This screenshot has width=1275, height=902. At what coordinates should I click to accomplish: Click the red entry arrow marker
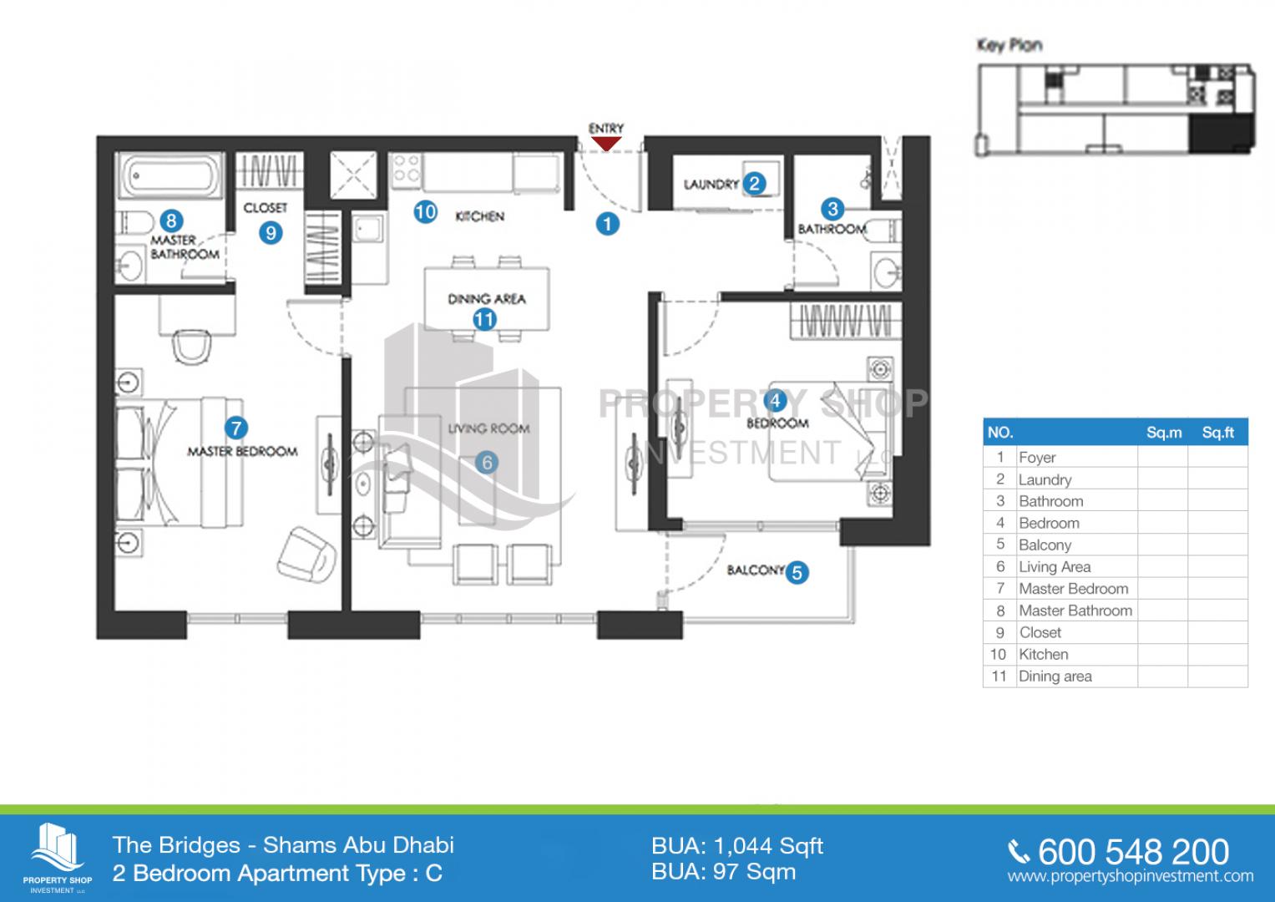pyautogui.click(x=605, y=144)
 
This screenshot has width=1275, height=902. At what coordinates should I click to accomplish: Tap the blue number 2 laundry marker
pyautogui.click(x=754, y=184)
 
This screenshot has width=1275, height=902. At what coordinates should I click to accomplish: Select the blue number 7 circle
pyautogui.click(x=235, y=428)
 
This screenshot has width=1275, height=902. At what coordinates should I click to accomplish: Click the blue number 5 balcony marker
pyautogui.click(x=797, y=572)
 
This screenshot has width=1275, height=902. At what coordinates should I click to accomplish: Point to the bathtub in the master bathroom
pyautogui.click(x=169, y=175)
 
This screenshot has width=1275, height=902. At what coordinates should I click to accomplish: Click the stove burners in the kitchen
pyautogui.click(x=407, y=169)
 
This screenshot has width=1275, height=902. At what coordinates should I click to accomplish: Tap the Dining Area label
pyautogui.click(x=487, y=299)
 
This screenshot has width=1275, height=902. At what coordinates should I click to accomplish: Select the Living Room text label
pyautogui.click(x=488, y=428)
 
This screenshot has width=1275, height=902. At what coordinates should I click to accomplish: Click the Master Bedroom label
pyautogui.click(x=242, y=452)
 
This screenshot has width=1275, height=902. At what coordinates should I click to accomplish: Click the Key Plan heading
pyautogui.click(x=1009, y=45)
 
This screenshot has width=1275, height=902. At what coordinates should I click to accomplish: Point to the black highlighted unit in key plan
pyautogui.click(x=1221, y=133)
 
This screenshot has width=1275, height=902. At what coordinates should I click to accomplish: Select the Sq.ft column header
pyautogui.click(x=1217, y=433)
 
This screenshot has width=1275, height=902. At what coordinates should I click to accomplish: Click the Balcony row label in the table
pyautogui.click(x=1045, y=545)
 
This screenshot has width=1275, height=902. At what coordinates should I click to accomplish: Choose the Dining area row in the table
pyautogui.click(x=1055, y=676)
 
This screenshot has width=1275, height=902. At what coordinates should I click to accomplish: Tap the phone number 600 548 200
pyautogui.click(x=1133, y=852)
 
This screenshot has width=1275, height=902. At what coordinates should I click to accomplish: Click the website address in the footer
pyautogui.click(x=1131, y=876)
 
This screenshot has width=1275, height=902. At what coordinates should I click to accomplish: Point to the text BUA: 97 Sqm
pyautogui.click(x=723, y=872)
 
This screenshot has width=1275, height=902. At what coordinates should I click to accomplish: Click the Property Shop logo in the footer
pyautogui.click(x=57, y=858)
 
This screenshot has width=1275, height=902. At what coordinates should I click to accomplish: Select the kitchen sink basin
pyautogui.click(x=367, y=231)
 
